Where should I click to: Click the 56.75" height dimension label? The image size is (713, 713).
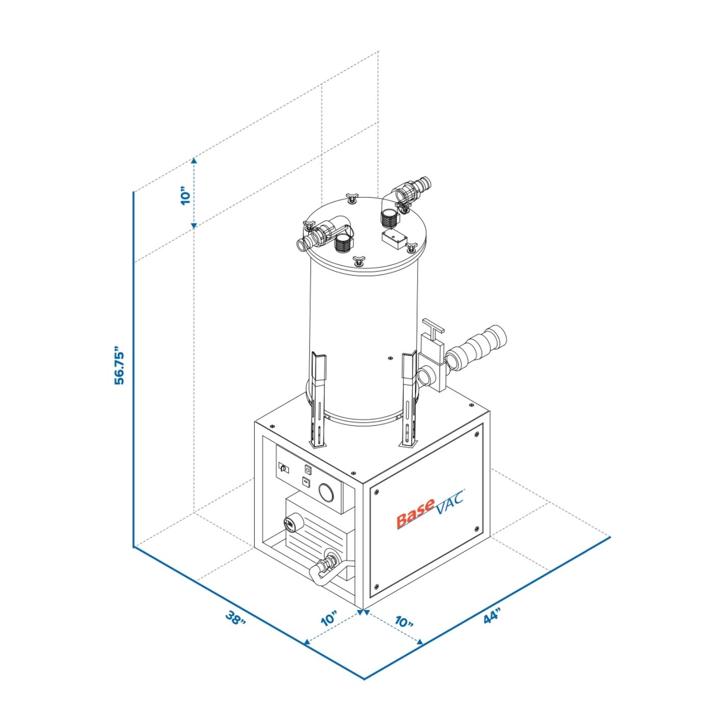[120, 367]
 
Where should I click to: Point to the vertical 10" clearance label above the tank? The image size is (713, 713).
[186, 196]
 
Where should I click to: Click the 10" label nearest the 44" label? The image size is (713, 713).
[403, 622]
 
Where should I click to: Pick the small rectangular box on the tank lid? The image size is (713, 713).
[395, 238]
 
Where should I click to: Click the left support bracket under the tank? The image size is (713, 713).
[318, 400]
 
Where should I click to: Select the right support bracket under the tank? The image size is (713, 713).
[408, 400]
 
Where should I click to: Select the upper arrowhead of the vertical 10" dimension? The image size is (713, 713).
[194, 160]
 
